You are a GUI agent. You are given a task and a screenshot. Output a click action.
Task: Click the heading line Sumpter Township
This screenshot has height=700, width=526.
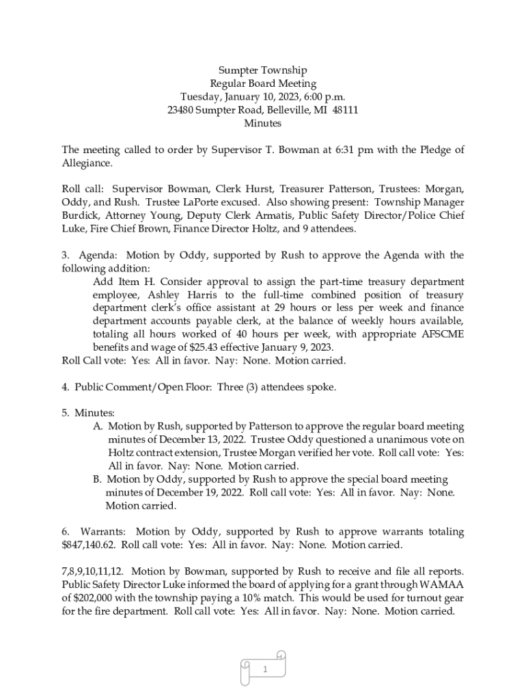(262, 70)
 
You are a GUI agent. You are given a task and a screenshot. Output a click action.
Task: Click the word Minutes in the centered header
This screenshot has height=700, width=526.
(262, 124)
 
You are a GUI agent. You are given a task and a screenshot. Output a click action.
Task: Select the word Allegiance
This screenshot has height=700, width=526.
(87, 164)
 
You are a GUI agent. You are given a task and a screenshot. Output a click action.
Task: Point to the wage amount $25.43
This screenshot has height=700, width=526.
(204, 348)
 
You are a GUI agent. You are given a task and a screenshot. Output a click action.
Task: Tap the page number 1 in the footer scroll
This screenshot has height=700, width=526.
(263, 670)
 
